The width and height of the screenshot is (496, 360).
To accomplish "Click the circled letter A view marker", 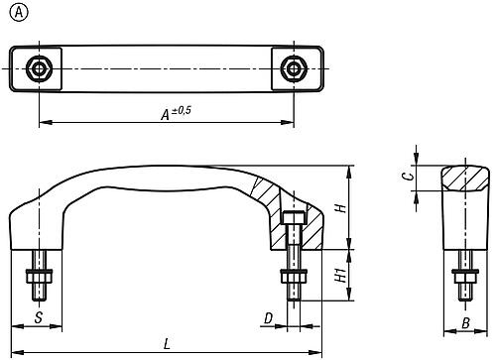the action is tap(19, 13).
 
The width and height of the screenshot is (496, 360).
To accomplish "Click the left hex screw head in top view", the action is tap(40, 69).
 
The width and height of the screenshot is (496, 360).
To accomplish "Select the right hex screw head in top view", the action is tap(294, 69).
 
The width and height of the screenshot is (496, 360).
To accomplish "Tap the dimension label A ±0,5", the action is tap(176, 113).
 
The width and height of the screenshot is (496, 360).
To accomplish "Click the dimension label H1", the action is tap(341, 275).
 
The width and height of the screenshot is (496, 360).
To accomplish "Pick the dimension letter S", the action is tap(39, 317).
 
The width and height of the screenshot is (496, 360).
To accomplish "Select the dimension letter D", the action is tap(269, 318).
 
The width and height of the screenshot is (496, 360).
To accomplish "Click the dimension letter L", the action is tap(167, 344).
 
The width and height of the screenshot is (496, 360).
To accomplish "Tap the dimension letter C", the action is tap(409, 176).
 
